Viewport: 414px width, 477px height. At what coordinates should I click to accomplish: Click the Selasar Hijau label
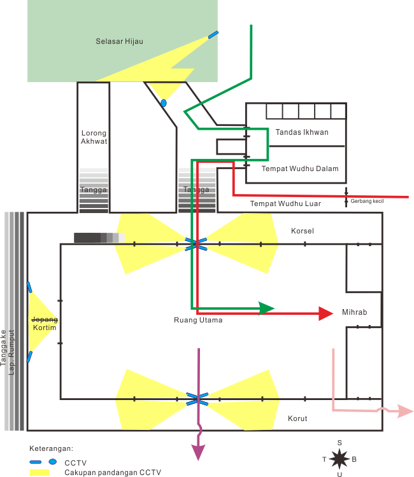(x=119, y=41)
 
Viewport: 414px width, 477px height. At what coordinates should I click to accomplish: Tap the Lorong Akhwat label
(x=94, y=137)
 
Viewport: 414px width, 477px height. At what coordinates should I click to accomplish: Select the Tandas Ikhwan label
(x=302, y=132)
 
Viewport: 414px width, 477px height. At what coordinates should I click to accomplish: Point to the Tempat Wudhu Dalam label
(x=299, y=169)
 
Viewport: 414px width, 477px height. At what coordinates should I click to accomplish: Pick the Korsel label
(x=302, y=230)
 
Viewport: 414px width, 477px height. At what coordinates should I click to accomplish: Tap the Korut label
(x=297, y=418)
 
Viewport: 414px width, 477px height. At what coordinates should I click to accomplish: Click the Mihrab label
(x=354, y=313)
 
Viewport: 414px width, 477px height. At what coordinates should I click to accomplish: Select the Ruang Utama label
(x=198, y=320)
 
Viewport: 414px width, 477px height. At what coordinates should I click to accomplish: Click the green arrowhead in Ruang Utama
(x=267, y=308)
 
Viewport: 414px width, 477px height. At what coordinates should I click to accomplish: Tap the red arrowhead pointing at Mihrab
(x=325, y=313)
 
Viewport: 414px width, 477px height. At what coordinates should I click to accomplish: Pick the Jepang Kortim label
(x=45, y=324)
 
